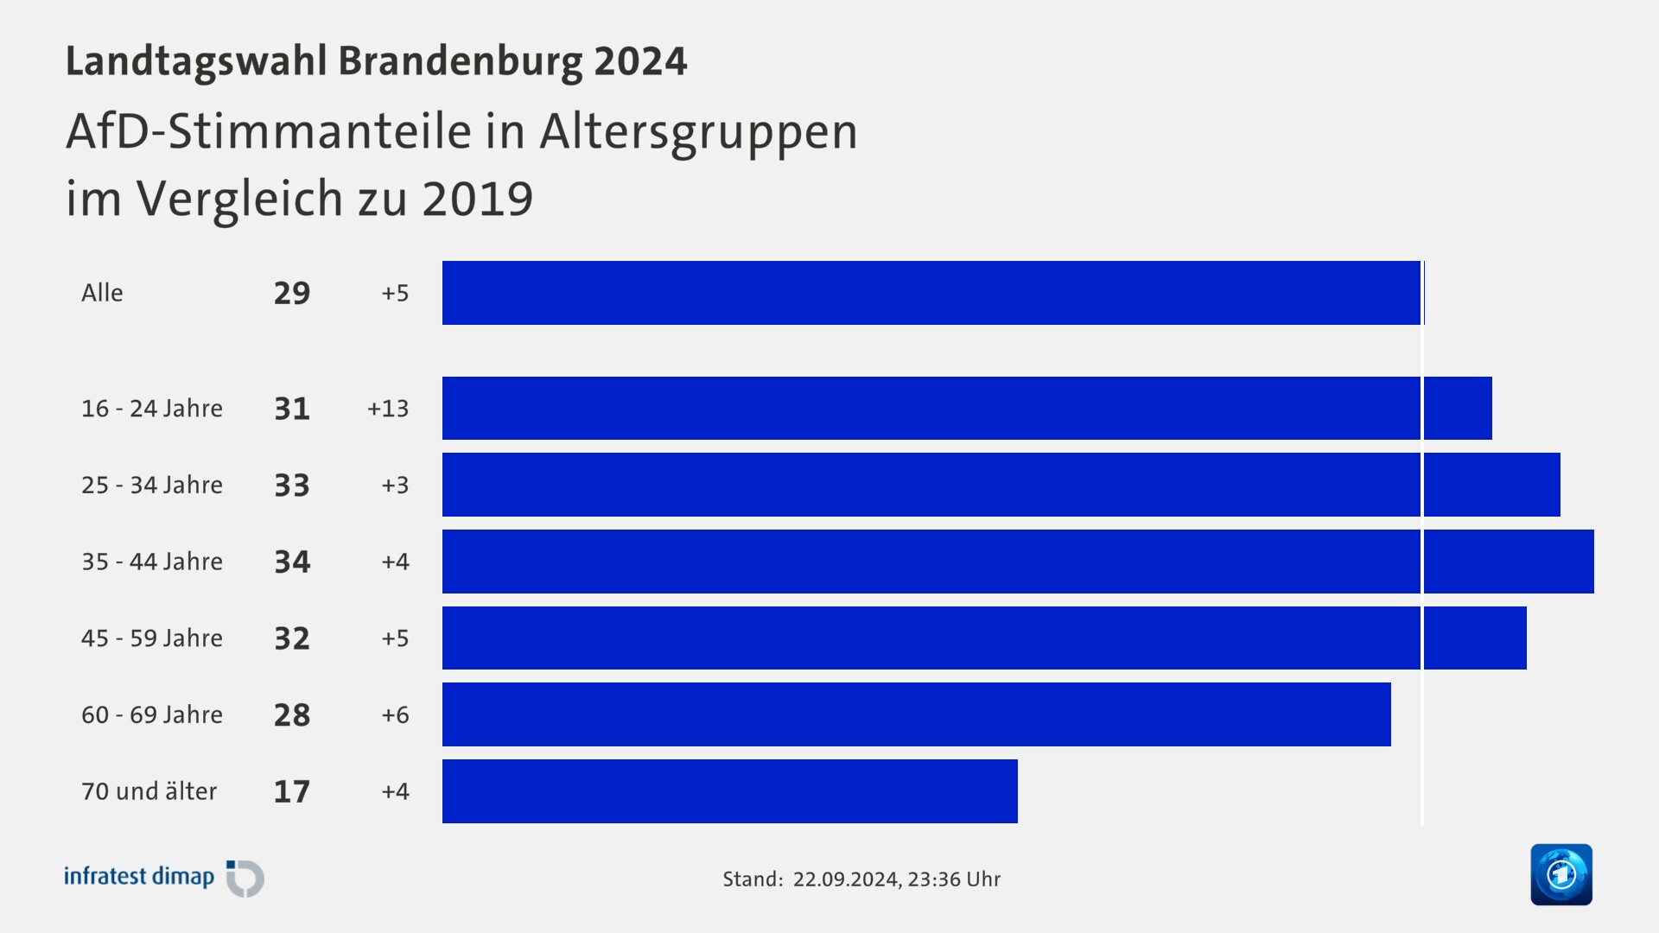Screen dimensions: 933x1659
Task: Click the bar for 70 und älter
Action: (730, 791)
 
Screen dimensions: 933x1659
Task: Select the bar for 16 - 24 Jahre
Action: (967, 408)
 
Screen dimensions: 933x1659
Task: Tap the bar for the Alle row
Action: (931, 293)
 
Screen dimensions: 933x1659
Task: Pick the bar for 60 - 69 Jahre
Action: (917, 714)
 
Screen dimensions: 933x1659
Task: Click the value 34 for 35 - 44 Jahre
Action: (292, 562)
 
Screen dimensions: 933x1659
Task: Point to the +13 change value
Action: (388, 409)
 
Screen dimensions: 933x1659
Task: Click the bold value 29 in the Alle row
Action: (292, 294)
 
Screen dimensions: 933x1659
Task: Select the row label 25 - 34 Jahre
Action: (152, 485)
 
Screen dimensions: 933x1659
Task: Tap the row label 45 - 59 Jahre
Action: (152, 638)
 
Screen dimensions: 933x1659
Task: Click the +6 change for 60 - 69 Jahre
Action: (395, 715)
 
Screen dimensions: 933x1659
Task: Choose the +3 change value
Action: (395, 485)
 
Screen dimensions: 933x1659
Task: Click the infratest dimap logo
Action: (164, 878)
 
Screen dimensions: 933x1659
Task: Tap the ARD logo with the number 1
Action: (1561, 874)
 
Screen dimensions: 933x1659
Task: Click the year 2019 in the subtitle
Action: (477, 199)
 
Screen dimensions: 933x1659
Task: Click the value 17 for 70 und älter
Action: (292, 791)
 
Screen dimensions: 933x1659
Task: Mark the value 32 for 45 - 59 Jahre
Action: (292, 638)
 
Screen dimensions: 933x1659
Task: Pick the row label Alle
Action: (102, 293)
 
